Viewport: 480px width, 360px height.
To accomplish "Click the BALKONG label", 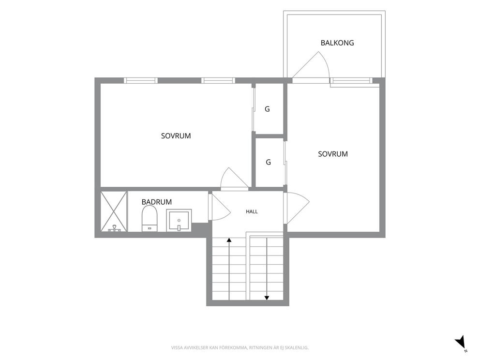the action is coord(337,43).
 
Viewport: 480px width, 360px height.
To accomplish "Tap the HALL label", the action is coord(252,211).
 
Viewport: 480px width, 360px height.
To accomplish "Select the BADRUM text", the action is coord(156,202).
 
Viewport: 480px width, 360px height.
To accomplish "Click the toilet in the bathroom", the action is coord(150,218).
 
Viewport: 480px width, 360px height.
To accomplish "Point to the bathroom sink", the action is coord(179,220).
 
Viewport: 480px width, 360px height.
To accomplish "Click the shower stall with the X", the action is coord(114,211).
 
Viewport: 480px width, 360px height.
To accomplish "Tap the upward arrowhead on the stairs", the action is coord(229,240).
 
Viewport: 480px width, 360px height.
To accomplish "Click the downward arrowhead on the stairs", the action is coord(267,298).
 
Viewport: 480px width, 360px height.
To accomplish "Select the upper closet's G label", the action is coord(267,109).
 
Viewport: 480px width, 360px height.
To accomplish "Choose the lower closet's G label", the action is coord(268,162).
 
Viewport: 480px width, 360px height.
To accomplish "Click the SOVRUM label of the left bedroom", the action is coord(176,136).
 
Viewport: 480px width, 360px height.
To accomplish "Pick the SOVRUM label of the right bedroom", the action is coord(333,154).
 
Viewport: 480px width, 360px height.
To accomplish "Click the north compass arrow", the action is coord(460,341).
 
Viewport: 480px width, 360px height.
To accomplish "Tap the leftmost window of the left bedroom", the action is coord(141,80).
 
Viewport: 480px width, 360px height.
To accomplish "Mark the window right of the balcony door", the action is coord(351,80).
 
